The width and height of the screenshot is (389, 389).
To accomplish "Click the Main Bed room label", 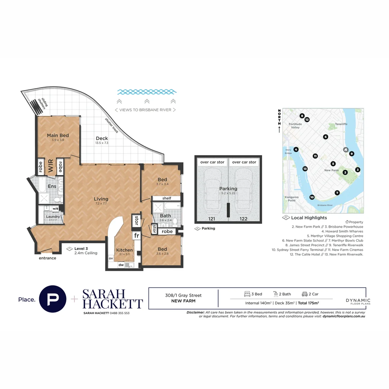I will (x=58, y=135).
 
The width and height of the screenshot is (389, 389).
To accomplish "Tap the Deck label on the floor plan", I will (x=102, y=138).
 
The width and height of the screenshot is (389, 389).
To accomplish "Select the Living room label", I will (x=101, y=199).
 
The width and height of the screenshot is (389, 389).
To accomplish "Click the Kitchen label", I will (x=124, y=250).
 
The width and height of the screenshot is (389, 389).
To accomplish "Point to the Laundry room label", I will (x=53, y=216).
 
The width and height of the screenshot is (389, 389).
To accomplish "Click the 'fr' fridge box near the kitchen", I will (x=136, y=236).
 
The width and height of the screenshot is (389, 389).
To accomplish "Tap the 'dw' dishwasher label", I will (x=121, y=265).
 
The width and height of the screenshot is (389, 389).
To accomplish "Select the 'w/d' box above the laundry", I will (x=56, y=209).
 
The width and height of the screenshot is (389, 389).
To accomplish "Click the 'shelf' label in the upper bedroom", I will (x=166, y=198).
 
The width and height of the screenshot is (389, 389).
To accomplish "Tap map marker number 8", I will (x=302, y=116).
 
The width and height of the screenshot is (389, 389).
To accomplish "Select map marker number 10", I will (x=312, y=197).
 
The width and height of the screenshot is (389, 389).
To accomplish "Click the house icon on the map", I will (x=345, y=149).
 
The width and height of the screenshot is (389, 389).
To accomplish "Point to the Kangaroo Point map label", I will (x=292, y=199).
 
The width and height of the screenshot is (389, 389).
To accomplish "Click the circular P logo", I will (x=53, y=299).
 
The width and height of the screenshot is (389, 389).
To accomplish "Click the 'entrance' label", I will (x=48, y=258).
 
